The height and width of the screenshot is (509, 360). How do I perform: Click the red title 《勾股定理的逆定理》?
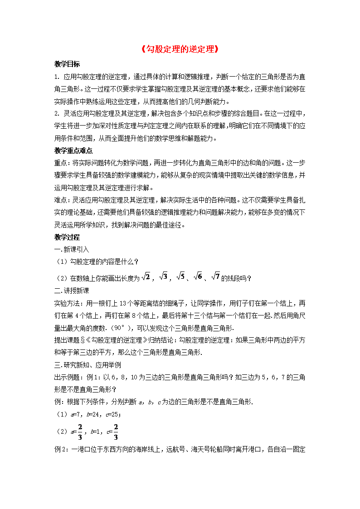(180, 49)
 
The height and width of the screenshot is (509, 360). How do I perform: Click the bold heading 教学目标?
(67, 64)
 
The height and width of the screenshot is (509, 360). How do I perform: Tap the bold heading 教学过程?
(67, 237)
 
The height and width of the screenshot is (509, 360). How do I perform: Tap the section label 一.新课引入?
(72, 249)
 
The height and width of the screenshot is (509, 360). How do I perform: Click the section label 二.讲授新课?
(72, 291)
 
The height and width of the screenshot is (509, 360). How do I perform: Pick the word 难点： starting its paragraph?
(63, 200)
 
